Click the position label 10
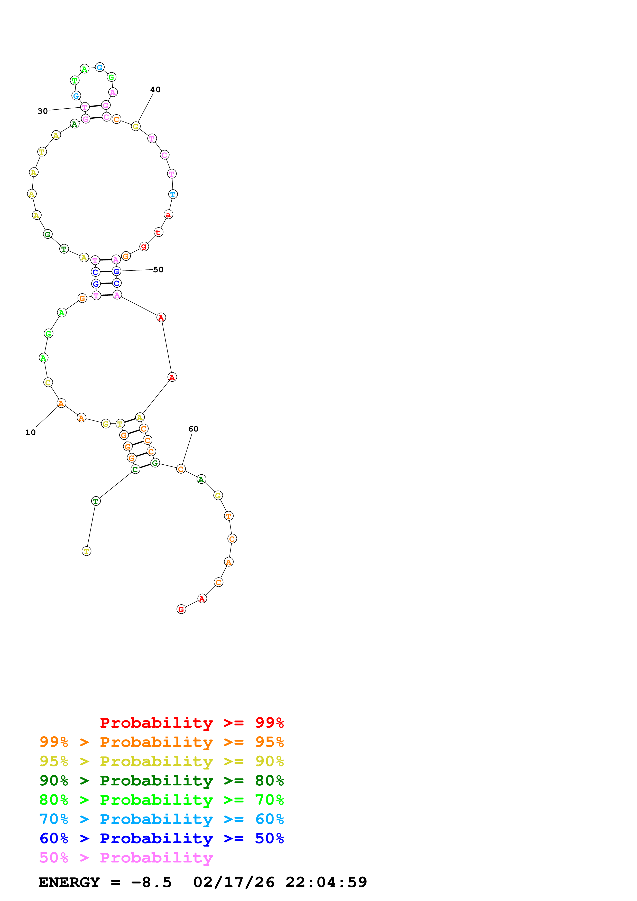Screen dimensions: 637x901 (x=30, y=433)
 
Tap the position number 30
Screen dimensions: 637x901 (x=42, y=111)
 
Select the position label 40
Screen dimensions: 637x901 (x=155, y=89)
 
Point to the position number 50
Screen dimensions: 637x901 (x=158, y=270)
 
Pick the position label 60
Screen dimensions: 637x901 (x=193, y=429)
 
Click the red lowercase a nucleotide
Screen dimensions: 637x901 (x=168, y=215)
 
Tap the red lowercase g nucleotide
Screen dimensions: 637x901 (x=144, y=247)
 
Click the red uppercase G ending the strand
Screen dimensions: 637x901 (x=181, y=609)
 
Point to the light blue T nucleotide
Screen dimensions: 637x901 (x=173, y=194)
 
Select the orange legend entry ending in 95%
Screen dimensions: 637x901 (x=161, y=742)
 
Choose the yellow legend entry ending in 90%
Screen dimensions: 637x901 (x=161, y=761)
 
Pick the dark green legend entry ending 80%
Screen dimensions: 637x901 (x=161, y=781)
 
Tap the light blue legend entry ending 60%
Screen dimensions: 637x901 (x=161, y=819)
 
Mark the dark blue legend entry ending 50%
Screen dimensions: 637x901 (x=161, y=838)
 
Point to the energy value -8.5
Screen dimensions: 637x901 (x=151, y=883)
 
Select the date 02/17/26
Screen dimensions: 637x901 (x=234, y=883)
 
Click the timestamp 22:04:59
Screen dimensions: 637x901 (x=326, y=883)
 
